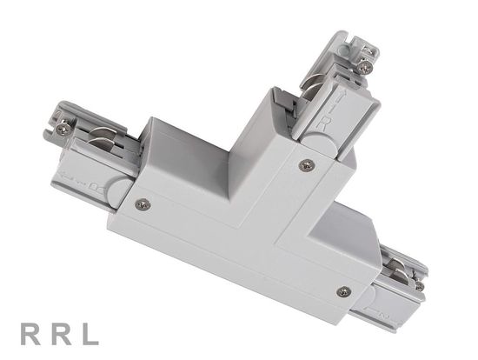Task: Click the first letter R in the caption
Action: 26,333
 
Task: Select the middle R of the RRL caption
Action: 56,333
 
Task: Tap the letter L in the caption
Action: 89,333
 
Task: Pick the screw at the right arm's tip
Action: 419,284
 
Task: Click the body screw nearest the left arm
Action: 143,204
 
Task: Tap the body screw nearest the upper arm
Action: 304,163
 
